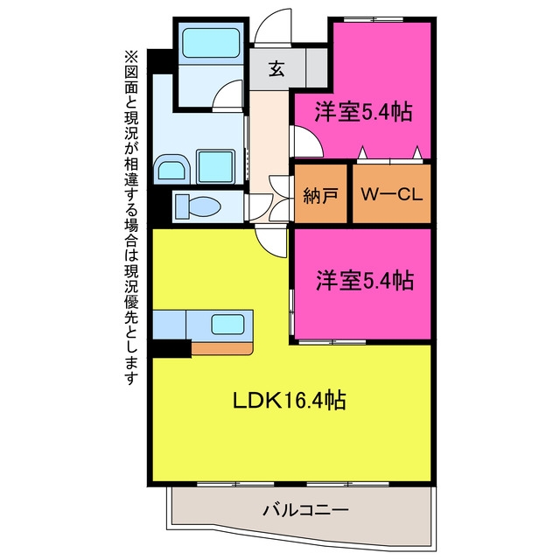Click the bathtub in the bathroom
click(211, 43)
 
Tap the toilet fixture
click(198, 206)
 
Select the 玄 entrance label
click(276, 69)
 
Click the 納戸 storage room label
click(320, 195)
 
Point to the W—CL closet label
click(391, 194)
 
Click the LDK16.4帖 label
click(290, 400)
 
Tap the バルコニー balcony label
click(305, 509)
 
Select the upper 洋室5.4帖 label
click(363, 112)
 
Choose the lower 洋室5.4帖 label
click(365, 280)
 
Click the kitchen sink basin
click(227, 325)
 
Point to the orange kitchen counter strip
click(222, 348)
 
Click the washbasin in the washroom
click(171, 170)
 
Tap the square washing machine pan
click(215, 167)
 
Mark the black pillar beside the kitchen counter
click(170, 348)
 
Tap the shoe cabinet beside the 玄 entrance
click(317, 68)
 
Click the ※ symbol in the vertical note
click(130, 58)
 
